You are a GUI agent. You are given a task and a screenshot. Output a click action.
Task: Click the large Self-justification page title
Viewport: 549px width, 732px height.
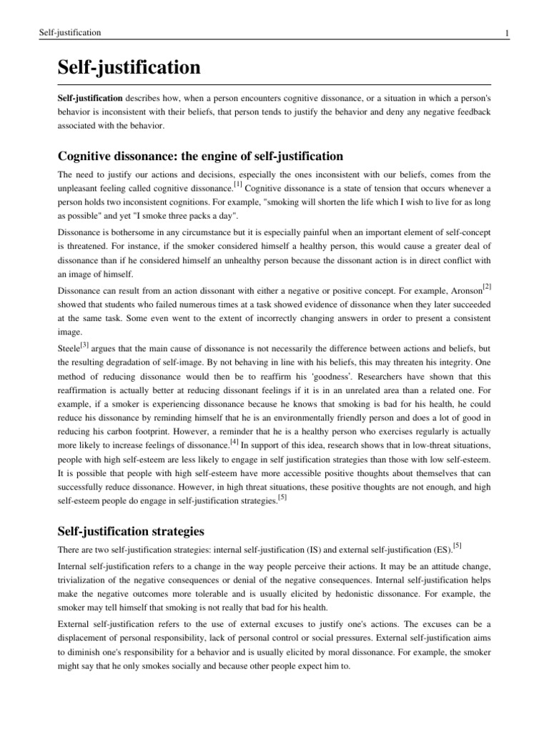coord(129,69)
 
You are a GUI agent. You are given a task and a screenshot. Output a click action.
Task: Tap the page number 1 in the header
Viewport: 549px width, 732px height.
coord(506,33)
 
